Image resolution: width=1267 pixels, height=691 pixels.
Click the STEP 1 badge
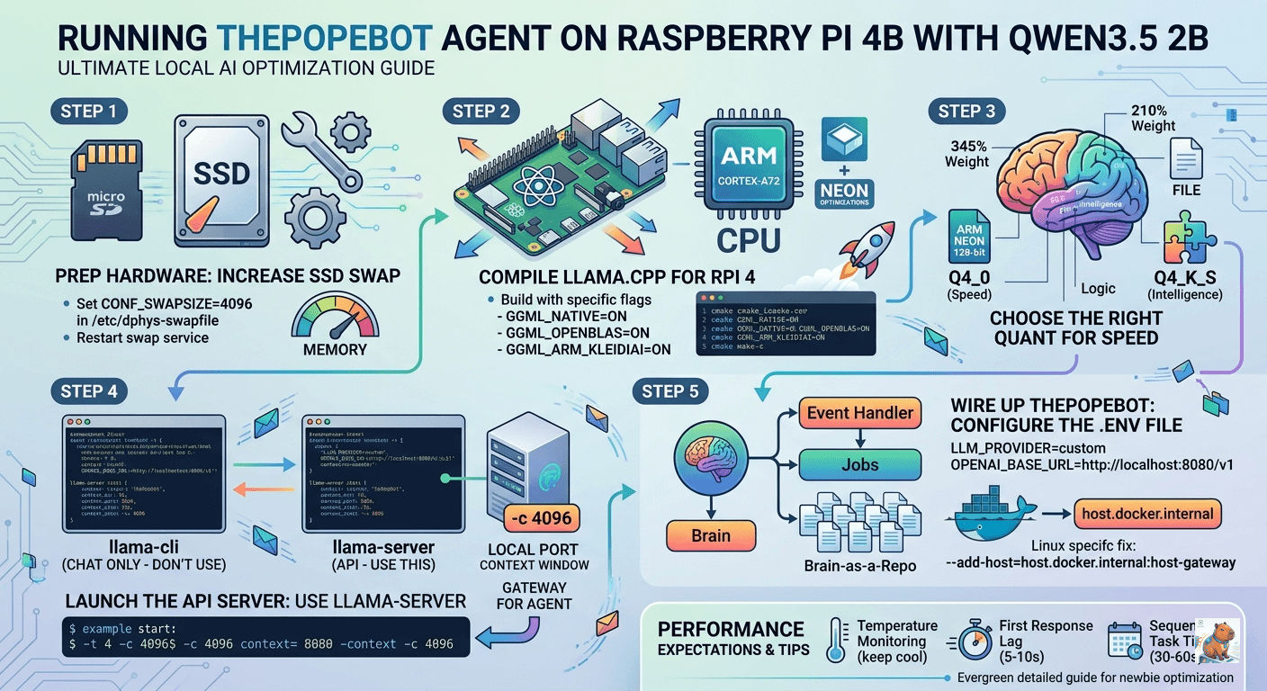pyautogui.click(x=94, y=112)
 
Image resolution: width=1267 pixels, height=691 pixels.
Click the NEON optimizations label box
pyautogui.click(x=844, y=193)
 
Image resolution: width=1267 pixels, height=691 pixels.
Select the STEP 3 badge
pyautogui.click(x=966, y=112)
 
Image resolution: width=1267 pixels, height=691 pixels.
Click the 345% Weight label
pyautogui.click(x=966, y=154)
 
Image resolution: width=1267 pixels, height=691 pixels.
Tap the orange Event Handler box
pyautogui.click(x=859, y=414)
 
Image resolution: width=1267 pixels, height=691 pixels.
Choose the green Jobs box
pyautogui.click(x=859, y=465)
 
